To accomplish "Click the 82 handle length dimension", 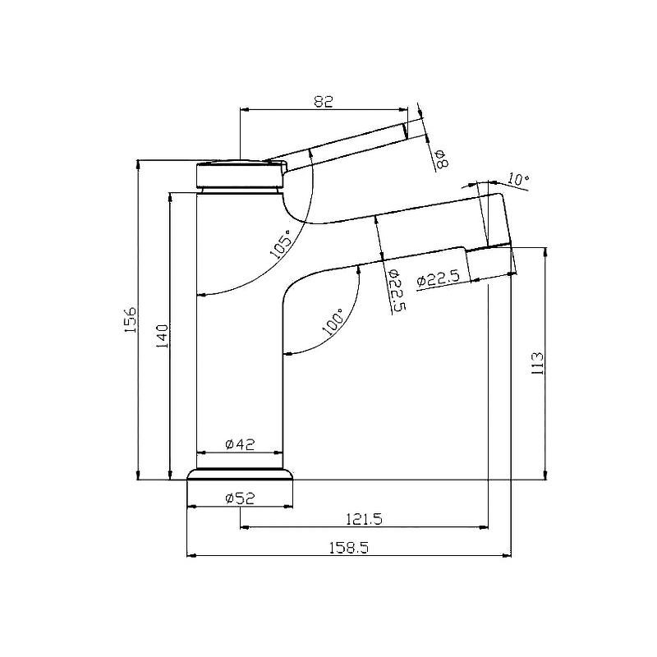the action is pyautogui.click(x=323, y=101).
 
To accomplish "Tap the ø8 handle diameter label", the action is pyautogui.click(x=442, y=159).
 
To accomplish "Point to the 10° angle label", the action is pyautogui.click(x=518, y=179).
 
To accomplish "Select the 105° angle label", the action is pyautogui.click(x=280, y=243).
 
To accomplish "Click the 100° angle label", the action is pyautogui.click(x=333, y=321).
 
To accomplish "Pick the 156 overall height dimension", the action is pyautogui.click(x=131, y=319).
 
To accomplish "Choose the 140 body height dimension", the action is pyautogui.click(x=162, y=336).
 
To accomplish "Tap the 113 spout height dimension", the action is pyautogui.click(x=537, y=363).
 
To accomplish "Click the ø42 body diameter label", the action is pyautogui.click(x=240, y=443).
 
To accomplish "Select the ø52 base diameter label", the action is pyautogui.click(x=240, y=498).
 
